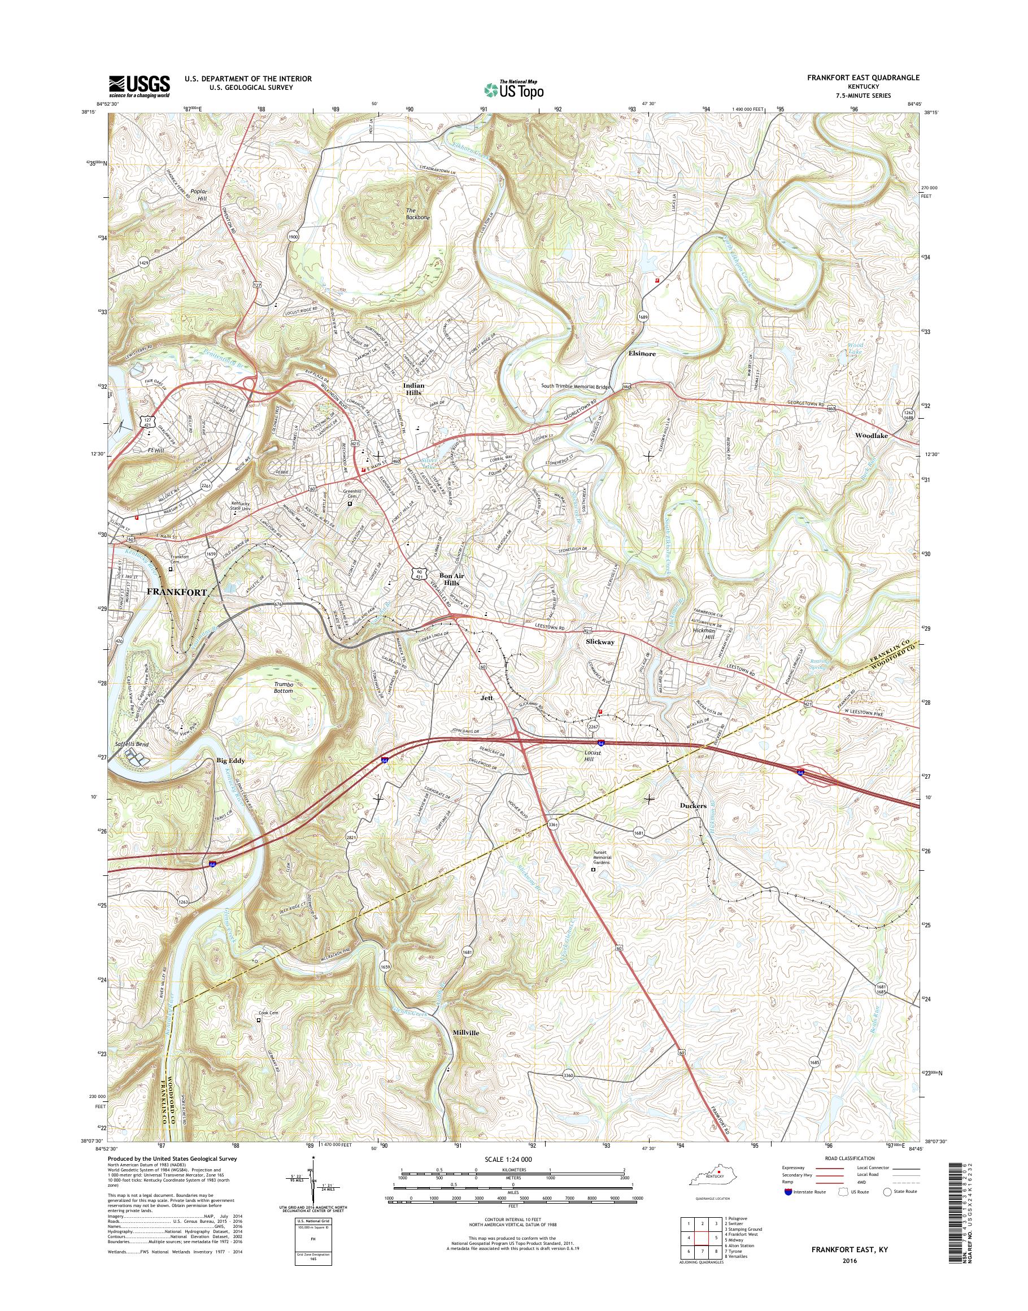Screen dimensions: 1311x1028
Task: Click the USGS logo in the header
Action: point(139,86)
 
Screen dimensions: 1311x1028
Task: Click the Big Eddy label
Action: point(230,761)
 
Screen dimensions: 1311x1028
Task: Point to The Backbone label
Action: point(418,214)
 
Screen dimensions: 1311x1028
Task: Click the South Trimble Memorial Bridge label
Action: point(576,387)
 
